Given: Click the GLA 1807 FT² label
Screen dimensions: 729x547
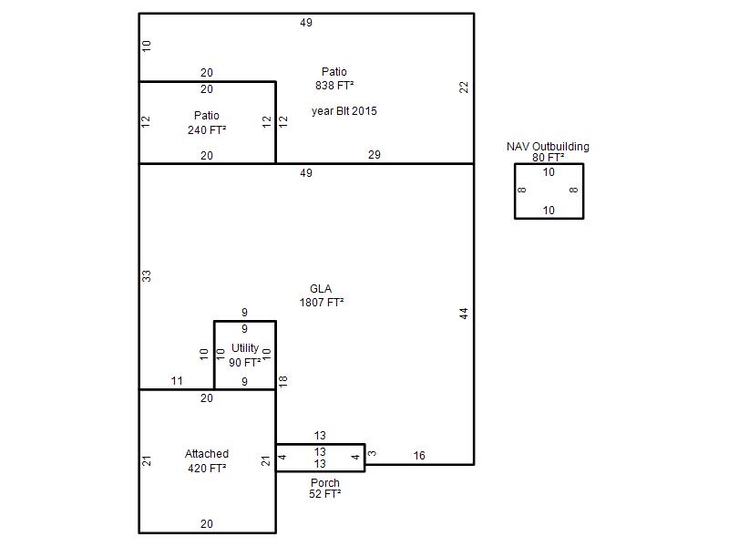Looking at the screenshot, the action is (322, 295).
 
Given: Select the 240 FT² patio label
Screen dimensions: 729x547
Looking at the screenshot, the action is (207, 123).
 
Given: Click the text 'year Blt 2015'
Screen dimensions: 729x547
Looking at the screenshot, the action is (344, 111).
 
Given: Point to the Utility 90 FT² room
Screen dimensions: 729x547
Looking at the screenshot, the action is (244, 355).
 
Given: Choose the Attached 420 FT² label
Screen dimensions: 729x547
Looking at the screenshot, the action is (207, 461).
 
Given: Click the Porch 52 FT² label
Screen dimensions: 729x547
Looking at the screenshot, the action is (325, 489).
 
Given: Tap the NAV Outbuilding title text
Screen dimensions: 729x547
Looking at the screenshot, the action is (548, 147).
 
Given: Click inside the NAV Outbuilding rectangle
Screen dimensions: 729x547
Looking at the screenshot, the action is (549, 191).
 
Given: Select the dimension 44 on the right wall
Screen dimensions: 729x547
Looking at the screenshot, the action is (464, 314).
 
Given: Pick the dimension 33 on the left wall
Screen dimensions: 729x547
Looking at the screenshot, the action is (147, 276).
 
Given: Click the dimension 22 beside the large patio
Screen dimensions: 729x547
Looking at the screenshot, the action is (464, 88).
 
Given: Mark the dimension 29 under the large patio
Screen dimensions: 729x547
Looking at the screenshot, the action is (375, 155).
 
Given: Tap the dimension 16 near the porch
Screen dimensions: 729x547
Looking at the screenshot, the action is (419, 456).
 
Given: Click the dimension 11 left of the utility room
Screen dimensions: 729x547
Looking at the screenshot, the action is (177, 381).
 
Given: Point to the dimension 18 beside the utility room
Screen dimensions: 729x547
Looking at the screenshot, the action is (283, 381).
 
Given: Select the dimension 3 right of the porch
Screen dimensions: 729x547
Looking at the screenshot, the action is (372, 453).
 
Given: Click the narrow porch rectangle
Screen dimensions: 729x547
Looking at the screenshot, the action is (321, 458).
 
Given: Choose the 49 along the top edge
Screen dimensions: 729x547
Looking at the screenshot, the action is (306, 23).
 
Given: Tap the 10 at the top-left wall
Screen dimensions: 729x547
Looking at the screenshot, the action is (147, 46).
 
